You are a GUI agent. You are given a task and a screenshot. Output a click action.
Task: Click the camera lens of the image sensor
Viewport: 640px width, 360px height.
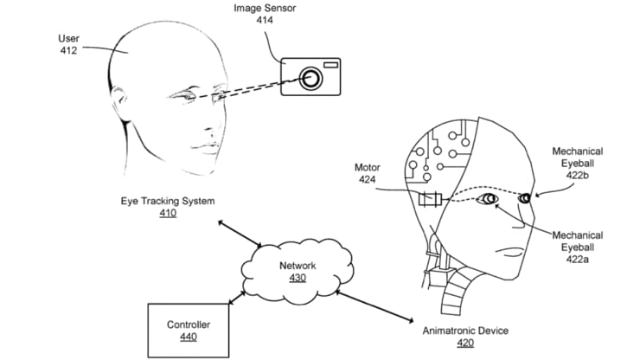pos(310,80)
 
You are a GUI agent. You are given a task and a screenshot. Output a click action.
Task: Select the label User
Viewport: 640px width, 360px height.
pos(68,39)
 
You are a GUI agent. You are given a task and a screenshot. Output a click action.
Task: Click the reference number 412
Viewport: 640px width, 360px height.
pos(68,51)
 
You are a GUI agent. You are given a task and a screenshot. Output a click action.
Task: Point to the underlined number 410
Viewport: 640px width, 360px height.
pos(168,213)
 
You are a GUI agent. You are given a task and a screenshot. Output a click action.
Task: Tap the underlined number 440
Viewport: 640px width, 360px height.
pos(188,337)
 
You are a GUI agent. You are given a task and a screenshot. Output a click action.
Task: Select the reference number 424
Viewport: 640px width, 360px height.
pos(368,180)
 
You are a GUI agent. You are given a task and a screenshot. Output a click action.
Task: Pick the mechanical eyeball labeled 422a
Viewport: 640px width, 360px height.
pos(490,201)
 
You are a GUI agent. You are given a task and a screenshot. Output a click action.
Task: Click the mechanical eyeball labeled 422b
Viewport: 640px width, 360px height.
pos(524,199)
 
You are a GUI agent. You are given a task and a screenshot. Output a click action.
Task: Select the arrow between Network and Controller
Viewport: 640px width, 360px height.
pos(237,295)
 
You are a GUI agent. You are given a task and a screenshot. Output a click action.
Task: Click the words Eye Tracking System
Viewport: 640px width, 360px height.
pos(168,201)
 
